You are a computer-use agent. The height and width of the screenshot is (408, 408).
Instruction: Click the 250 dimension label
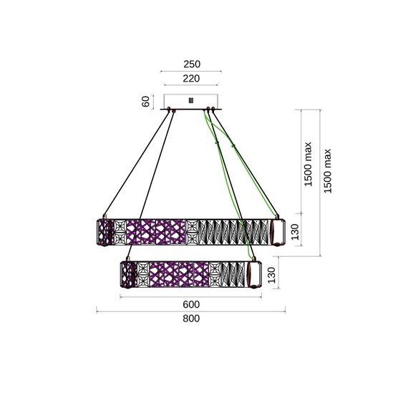tap(192, 64)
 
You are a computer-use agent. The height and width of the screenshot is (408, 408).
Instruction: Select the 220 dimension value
tap(191, 78)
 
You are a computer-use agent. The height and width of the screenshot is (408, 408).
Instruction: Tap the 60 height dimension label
tap(146, 101)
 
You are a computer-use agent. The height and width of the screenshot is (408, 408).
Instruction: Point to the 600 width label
tap(191, 304)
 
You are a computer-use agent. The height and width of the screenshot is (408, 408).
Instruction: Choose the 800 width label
tap(191, 319)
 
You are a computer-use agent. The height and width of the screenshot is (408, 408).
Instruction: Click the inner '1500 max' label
tap(308, 164)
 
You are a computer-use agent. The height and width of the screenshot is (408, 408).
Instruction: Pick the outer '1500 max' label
tap(328, 171)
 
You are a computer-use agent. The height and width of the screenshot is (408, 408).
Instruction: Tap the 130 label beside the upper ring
tap(295, 232)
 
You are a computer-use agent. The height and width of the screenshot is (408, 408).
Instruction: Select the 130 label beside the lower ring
tap(271, 275)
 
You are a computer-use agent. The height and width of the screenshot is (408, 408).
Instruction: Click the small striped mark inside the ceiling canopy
tap(191, 100)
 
